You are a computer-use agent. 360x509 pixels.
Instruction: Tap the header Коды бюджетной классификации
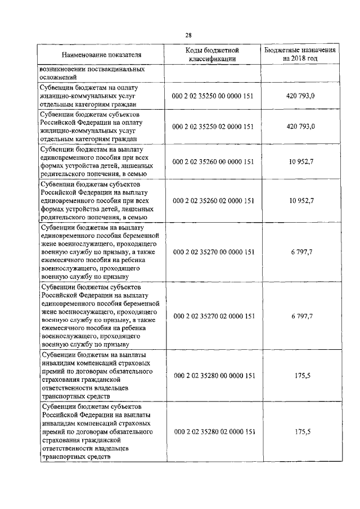click(x=213, y=55)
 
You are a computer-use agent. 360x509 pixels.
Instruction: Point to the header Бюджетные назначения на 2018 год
click(x=300, y=54)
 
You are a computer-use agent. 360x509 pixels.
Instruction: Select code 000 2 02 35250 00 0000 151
click(x=213, y=96)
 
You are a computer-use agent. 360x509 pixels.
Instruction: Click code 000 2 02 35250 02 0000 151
click(x=213, y=127)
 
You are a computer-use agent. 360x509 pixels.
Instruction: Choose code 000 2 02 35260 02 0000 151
click(x=213, y=200)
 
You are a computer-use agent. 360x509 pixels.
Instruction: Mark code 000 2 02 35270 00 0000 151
click(x=213, y=252)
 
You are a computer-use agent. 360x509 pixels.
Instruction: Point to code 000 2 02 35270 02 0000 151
click(x=213, y=316)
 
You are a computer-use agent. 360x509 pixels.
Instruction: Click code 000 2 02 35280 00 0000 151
click(x=213, y=376)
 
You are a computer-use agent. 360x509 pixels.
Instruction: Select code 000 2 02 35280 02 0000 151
click(x=213, y=431)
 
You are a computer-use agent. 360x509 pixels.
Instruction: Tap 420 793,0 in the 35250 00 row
click(x=300, y=96)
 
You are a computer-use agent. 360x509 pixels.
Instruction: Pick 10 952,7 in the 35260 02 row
click(x=300, y=200)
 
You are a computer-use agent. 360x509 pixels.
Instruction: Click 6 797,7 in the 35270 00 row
click(x=300, y=252)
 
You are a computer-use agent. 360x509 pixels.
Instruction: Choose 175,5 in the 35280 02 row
click(x=300, y=431)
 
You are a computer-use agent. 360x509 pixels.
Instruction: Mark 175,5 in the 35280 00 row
click(x=300, y=376)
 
